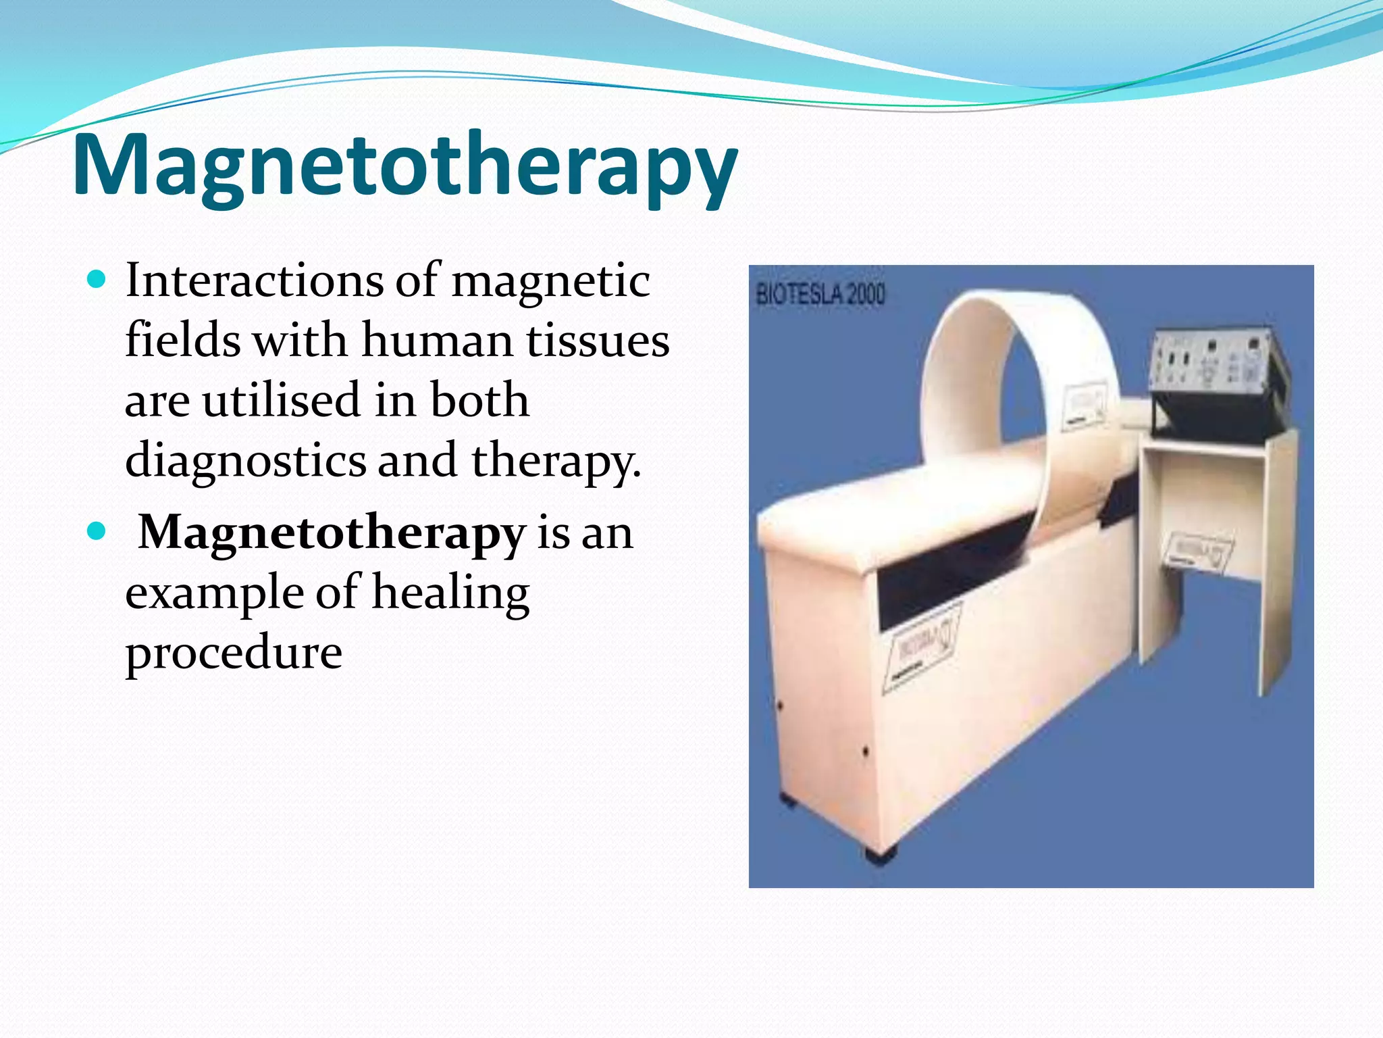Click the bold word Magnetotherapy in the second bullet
(x=332, y=533)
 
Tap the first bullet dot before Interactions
(x=97, y=278)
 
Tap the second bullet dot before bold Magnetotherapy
(x=97, y=531)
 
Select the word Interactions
(x=255, y=280)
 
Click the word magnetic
(x=550, y=281)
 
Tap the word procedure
(x=234, y=652)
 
